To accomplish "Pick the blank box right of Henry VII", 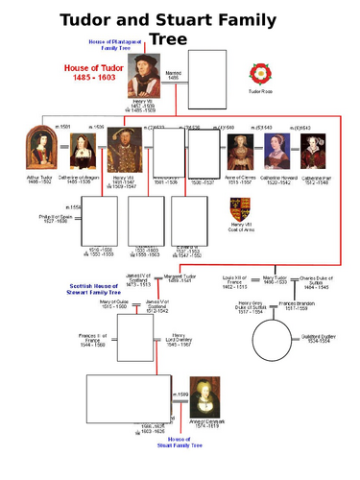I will click(206, 81).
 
